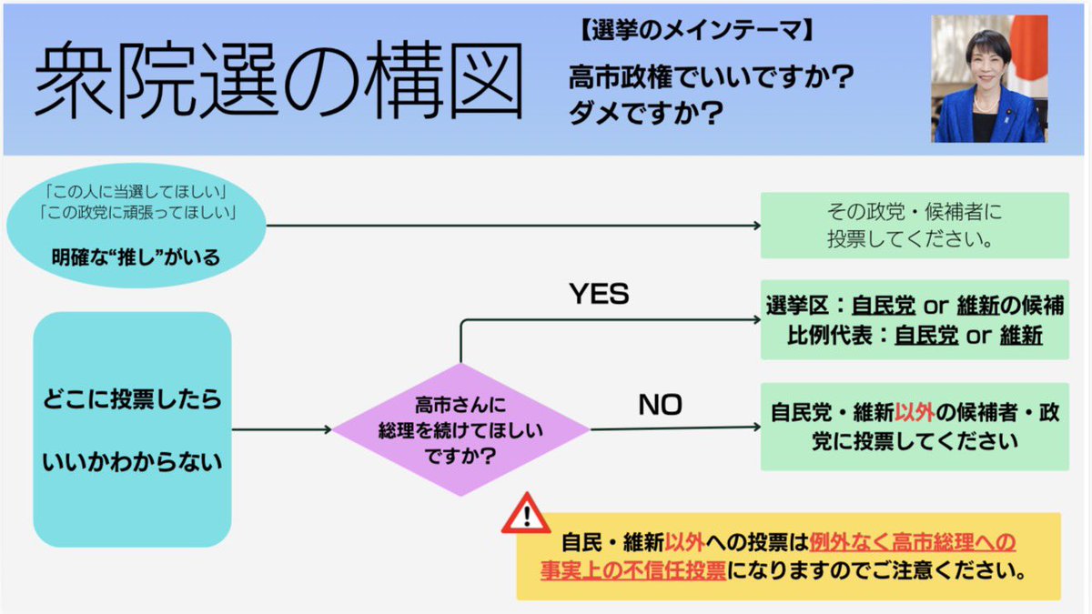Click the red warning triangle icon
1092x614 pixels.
pyautogui.click(x=525, y=516)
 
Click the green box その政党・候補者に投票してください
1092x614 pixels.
pyautogui.click(x=915, y=226)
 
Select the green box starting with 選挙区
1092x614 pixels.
pyautogui.click(x=915, y=320)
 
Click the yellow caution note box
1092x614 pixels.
pyautogui.click(x=788, y=557)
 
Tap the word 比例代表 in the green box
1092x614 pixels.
pyautogui.click(x=824, y=335)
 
